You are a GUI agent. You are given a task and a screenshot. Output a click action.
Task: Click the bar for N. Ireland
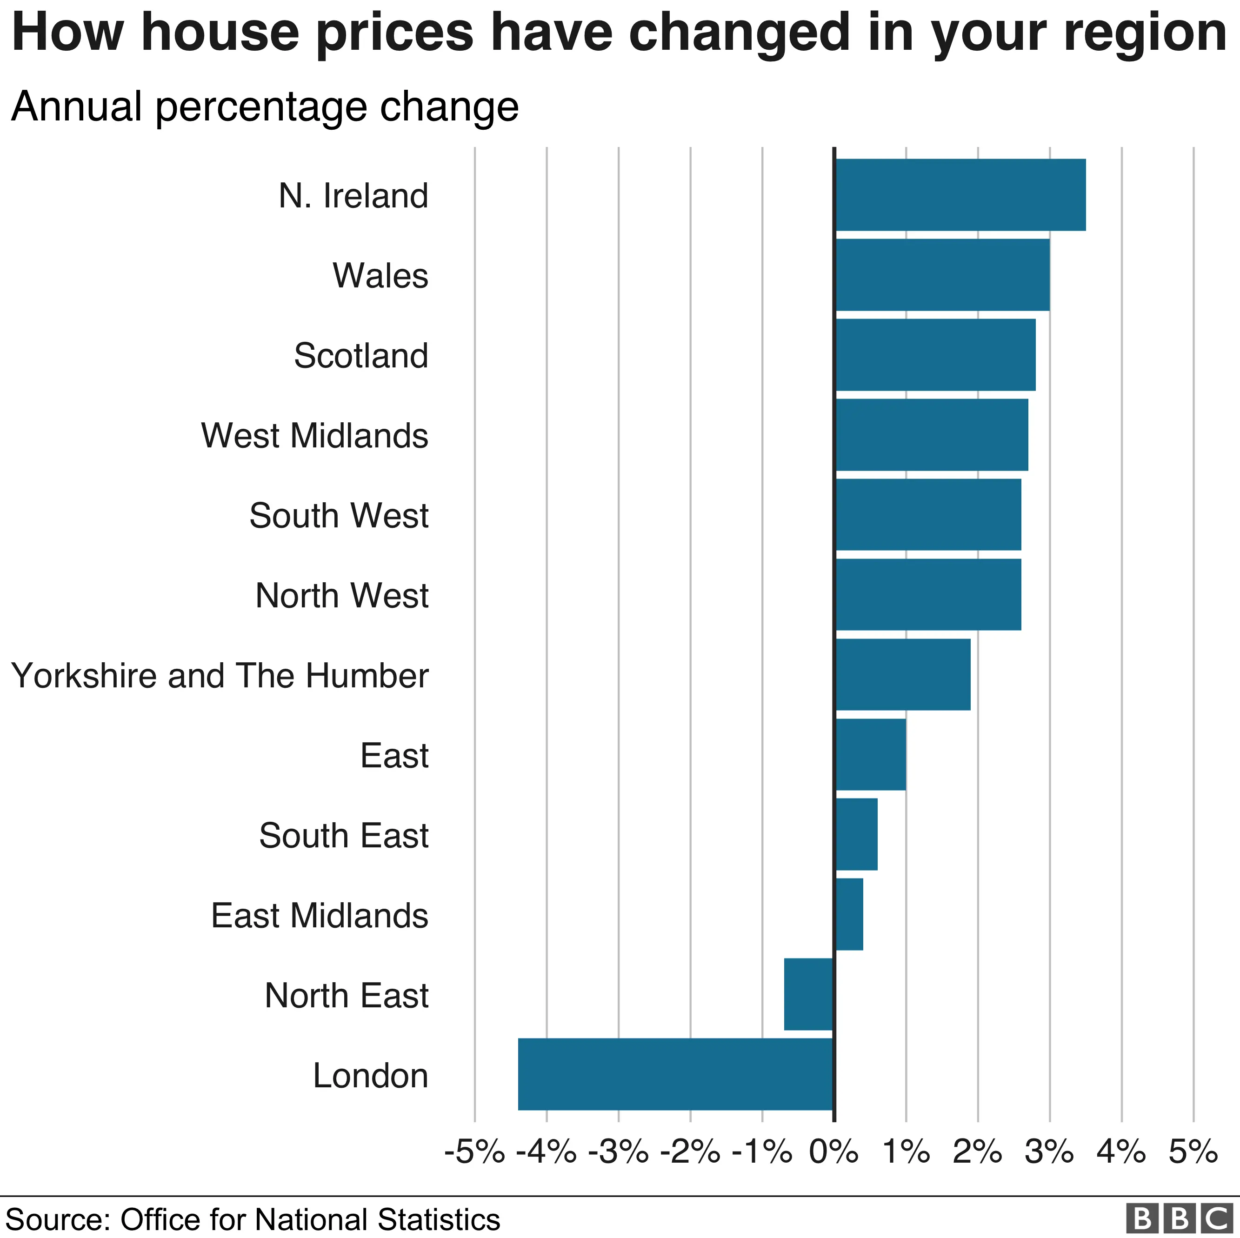click(x=960, y=194)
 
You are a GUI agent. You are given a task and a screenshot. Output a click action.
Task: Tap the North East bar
click(x=809, y=995)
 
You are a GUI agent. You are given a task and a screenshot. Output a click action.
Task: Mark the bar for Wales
click(x=942, y=275)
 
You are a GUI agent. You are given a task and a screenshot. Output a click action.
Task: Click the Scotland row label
click(x=361, y=356)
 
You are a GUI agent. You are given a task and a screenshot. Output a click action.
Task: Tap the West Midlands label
click(x=314, y=436)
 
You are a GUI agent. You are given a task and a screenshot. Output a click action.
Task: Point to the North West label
click(x=342, y=596)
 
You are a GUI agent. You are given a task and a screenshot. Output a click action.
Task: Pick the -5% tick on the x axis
click(x=475, y=1152)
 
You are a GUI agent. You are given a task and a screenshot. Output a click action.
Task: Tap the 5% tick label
click(x=1193, y=1152)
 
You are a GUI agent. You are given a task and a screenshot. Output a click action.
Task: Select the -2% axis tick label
click(x=690, y=1152)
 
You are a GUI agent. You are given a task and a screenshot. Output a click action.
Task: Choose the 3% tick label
click(x=1049, y=1152)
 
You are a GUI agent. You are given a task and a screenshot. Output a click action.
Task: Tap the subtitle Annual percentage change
click(x=265, y=106)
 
